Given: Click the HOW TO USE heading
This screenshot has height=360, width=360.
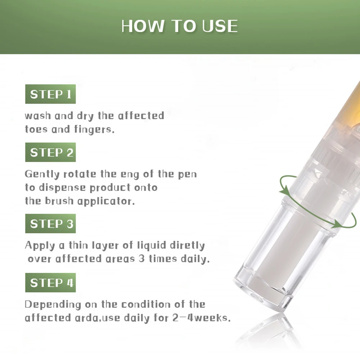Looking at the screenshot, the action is [x=179, y=26].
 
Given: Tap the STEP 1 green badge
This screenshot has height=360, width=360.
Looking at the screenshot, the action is [x=50, y=94].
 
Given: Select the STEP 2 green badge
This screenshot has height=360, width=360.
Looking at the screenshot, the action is [x=50, y=152].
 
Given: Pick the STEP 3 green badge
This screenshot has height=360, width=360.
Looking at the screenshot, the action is [x=50, y=224].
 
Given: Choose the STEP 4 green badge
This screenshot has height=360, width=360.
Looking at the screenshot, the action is [x=50, y=283].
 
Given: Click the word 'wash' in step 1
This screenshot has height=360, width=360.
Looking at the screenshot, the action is [x=38, y=116].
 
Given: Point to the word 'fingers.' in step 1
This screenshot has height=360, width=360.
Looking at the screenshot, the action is [x=94, y=130].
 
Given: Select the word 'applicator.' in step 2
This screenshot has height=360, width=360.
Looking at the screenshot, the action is [x=106, y=202].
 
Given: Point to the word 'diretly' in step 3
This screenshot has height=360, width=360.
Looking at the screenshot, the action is [x=187, y=246].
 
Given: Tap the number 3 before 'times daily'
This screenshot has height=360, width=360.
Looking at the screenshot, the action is [x=141, y=259].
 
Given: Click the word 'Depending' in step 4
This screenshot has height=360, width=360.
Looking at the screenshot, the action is [x=53, y=305].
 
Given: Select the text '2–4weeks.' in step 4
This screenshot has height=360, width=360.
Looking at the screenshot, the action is [x=201, y=318].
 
